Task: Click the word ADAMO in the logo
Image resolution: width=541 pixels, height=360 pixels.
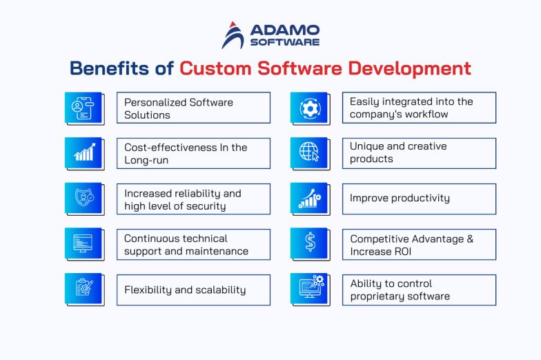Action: (x=284, y=30)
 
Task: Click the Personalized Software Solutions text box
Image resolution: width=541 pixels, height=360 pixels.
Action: (x=193, y=108)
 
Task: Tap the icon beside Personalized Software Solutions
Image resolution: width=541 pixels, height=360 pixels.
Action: (x=83, y=108)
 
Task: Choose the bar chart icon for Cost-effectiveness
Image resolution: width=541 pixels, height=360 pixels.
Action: (x=83, y=153)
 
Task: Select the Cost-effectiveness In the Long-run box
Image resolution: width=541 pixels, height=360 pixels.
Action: (x=193, y=153)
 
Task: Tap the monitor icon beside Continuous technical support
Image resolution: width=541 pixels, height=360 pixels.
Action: (x=83, y=244)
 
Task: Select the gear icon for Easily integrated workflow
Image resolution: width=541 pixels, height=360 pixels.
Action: (x=309, y=108)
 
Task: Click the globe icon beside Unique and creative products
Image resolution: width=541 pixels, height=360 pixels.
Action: (x=309, y=153)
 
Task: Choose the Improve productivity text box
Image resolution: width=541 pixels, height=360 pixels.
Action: (x=419, y=199)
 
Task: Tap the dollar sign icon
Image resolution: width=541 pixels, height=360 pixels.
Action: (x=309, y=244)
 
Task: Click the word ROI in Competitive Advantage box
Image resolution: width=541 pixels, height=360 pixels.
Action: (x=401, y=251)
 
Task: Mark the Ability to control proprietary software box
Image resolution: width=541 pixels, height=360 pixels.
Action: (x=419, y=290)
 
